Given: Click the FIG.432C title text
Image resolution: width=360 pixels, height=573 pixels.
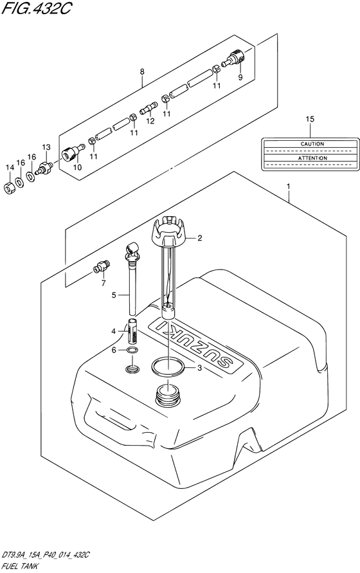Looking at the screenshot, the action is click(36, 8).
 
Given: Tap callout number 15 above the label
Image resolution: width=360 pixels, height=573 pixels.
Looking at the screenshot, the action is click(310, 119).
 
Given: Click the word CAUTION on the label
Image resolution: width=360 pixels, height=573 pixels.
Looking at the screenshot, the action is click(312, 144).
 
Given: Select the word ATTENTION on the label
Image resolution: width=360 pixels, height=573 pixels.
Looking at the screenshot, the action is click(312, 158).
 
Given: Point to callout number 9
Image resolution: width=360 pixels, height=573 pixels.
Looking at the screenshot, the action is click(240, 77).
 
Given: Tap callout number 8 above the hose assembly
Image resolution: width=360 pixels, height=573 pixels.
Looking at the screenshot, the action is click(142, 71).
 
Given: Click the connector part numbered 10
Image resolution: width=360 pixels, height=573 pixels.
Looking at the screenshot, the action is click(73, 152).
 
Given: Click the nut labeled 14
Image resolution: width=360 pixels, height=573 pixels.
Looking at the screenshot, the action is click(9, 188).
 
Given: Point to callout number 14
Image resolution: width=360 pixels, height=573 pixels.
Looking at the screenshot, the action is click(10, 167).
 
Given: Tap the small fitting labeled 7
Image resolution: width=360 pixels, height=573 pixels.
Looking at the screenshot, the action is click(101, 267).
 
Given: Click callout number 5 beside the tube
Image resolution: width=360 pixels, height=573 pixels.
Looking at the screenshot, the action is click(114, 295).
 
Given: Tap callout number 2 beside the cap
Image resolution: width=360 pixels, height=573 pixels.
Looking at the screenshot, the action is click(199, 238).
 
